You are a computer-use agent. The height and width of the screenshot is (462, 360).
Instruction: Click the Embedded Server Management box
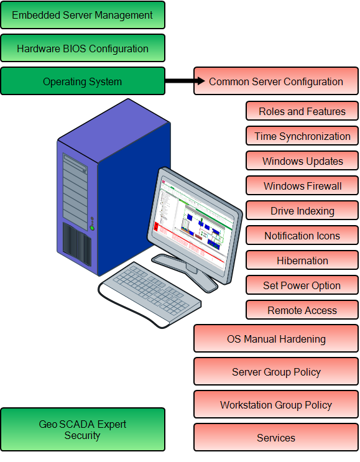tap(82, 15)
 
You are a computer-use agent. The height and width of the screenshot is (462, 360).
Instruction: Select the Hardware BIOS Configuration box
tap(82, 49)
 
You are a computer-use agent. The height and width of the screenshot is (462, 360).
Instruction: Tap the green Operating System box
tap(82, 81)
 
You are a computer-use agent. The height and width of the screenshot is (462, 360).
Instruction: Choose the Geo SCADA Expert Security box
tap(82, 430)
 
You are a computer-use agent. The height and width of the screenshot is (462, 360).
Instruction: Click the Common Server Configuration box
tap(276, 81)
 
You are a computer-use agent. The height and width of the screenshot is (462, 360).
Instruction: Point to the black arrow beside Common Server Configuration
tap(200, 81)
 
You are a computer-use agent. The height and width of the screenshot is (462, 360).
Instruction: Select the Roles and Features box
tap(302, 111)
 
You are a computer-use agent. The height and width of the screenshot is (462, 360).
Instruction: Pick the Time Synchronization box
tap(302, 136)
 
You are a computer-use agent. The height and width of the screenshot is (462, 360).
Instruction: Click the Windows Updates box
tap(302, 161)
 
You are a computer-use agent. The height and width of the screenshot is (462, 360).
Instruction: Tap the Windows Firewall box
tap(302, 186)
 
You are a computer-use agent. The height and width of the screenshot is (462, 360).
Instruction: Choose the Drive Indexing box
tap(302, 211)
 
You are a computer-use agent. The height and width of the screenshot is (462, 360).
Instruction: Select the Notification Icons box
tap(302, 236)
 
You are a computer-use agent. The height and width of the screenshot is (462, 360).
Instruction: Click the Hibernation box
tap(302, 261)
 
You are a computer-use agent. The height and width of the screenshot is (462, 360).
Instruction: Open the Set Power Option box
tap(302, 285)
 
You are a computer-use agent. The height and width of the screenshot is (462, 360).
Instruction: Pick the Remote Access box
tap(302, 310)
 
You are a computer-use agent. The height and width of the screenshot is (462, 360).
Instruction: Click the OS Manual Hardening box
tap(276, 339)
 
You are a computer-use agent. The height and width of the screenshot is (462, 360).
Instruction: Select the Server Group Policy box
tap(276, 372)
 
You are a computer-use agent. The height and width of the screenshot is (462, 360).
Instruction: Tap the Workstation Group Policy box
tap(276, 405)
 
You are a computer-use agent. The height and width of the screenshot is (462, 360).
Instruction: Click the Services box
tap(276, 438)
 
